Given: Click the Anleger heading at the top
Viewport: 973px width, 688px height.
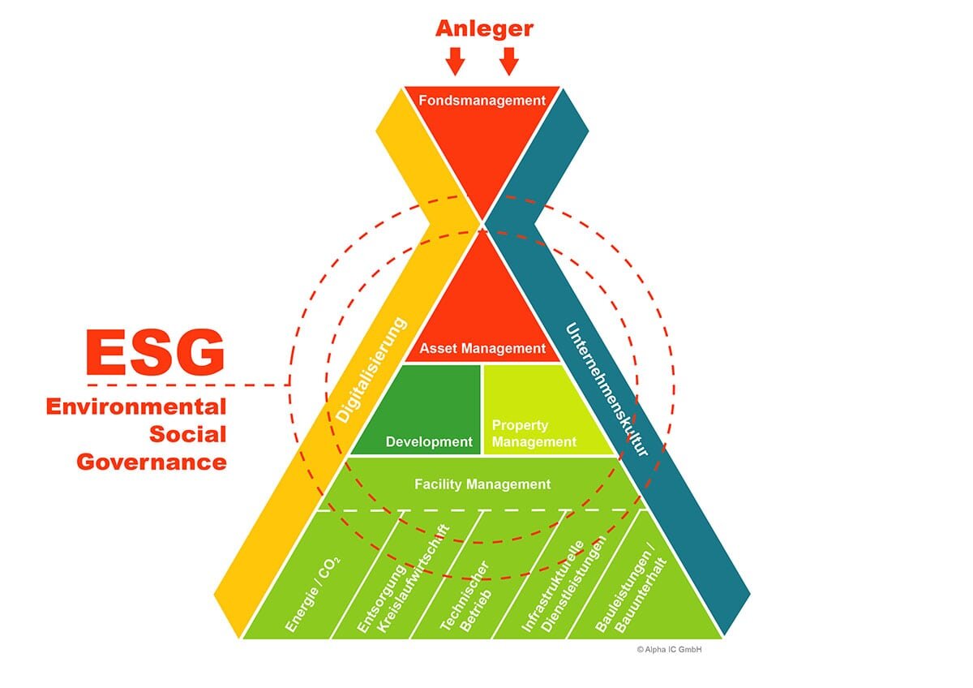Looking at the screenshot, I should [x=484, y=28].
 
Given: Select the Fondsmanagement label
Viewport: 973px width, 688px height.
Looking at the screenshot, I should [x=482, y=101].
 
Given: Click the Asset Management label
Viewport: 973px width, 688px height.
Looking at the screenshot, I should [x=482, y=348].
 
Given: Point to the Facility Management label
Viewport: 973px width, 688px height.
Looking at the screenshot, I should [x=482, y=484].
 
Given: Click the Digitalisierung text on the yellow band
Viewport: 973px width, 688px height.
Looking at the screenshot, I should [x=372, y=370].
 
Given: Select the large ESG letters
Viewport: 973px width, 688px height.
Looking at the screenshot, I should [x=155, y=351].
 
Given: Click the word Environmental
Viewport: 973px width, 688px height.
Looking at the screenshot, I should [x=135, y=406].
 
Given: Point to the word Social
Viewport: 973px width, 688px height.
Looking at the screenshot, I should [x=187, y=434].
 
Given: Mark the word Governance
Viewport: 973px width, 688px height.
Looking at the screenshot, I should [x=152, y=462].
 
